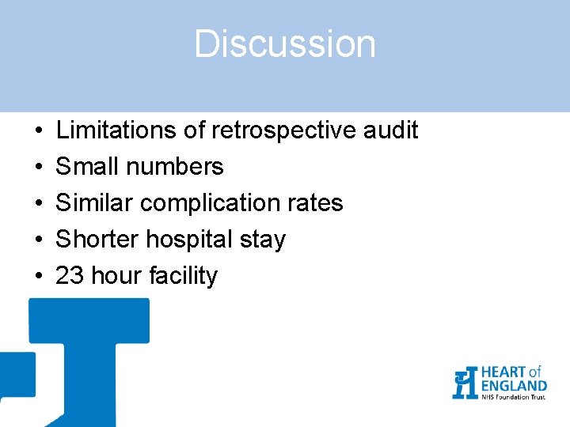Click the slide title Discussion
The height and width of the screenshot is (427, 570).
(x=285, y=44)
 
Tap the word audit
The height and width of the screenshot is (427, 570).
(x=389, y=130)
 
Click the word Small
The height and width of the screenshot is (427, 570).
(x=85, y=166)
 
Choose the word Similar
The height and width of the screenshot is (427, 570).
(x=94, y=202)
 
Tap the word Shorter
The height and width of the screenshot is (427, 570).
(x=98, y=239)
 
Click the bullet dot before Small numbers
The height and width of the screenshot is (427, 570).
(x=38, y=167)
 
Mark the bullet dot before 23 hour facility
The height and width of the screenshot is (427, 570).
(x=38, y=276)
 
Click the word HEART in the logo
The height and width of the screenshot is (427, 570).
(x=502, y=372)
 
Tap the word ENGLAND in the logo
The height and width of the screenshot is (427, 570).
(x=513, y=385)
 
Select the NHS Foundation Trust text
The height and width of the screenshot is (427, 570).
(x=513, y=396)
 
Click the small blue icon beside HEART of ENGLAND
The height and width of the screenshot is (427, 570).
(x=465, y=383)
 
